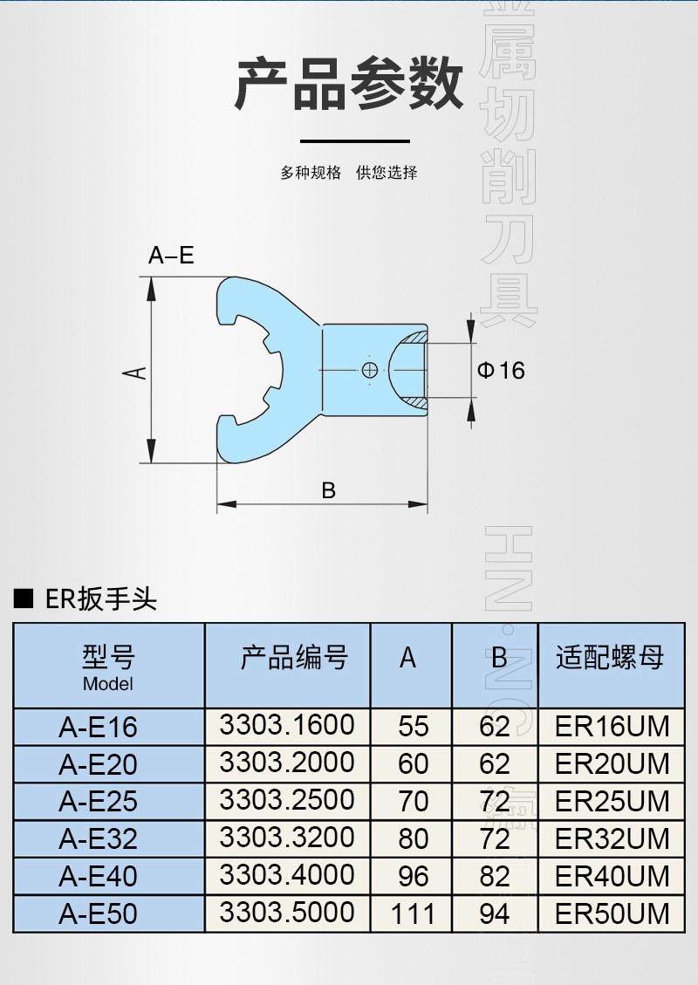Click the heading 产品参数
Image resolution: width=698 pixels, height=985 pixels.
pyautogui.click(x=349, y=85)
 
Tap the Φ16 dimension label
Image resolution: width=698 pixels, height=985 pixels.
pyautogui.click(x=501, y=370)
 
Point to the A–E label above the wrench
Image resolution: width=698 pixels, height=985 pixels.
pyautogui.click(x=171, y=256)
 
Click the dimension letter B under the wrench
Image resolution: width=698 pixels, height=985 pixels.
pyautogui.click(x=328, y=490)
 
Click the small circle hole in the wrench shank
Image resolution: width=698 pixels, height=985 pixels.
pyautogui.click(x=370, y=371)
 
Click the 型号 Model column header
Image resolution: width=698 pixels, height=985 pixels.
pyautogui.click(x=108, y=667)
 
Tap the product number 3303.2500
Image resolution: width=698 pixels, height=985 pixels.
pyautogui.click(x=287, y=800)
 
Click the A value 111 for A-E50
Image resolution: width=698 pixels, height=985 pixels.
pyautogui.click(x=413, y=913)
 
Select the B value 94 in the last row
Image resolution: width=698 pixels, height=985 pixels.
pyautogui.click(x=495, y=913)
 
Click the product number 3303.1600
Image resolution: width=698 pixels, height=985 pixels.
pyautogui.click(x=287, y=725)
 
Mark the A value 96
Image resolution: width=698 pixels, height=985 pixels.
pyautogui.click(x=413, y=876)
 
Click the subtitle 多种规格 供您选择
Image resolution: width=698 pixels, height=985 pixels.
pyautogui.click(x=349, y=173)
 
